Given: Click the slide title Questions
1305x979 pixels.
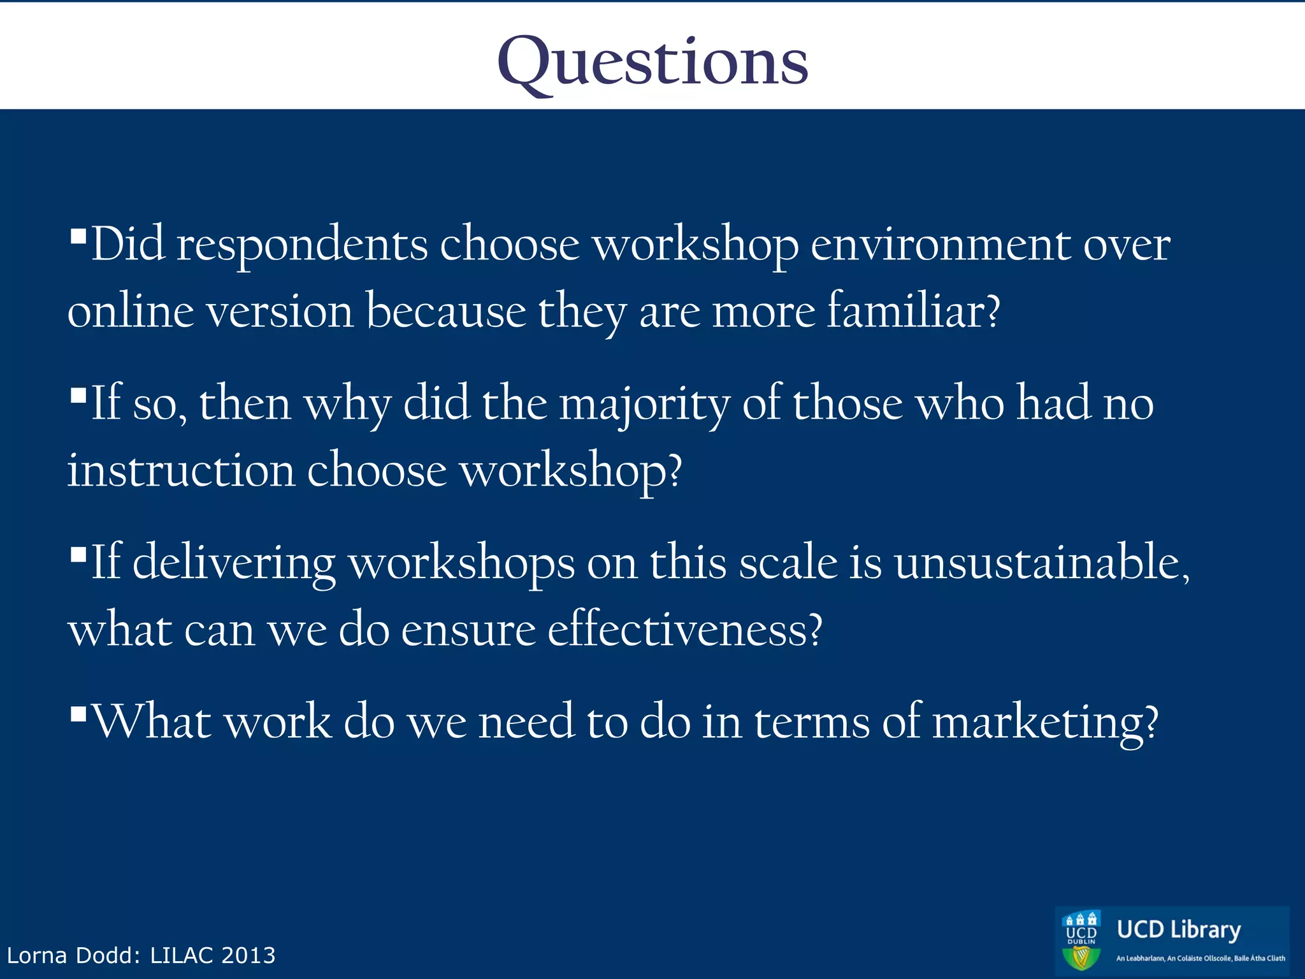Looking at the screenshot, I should [x=652, y=62].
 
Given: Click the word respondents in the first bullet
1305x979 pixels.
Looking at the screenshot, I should [x=301, y=245].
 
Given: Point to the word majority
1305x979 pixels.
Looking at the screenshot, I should [x=644, y=405].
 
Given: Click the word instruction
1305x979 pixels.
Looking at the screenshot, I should [x=181, y=470].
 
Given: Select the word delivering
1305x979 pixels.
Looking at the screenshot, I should [x=233, y=563].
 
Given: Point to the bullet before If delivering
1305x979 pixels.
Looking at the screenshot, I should [x=78, y=554].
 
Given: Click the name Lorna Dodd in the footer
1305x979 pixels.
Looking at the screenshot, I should [x=72, y=955].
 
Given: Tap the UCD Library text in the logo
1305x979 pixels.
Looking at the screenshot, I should [x=1178, y=930].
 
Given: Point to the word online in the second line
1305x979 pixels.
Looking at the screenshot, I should [x=131, y=312].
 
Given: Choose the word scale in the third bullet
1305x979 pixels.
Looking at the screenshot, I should [x=788, y=563].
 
